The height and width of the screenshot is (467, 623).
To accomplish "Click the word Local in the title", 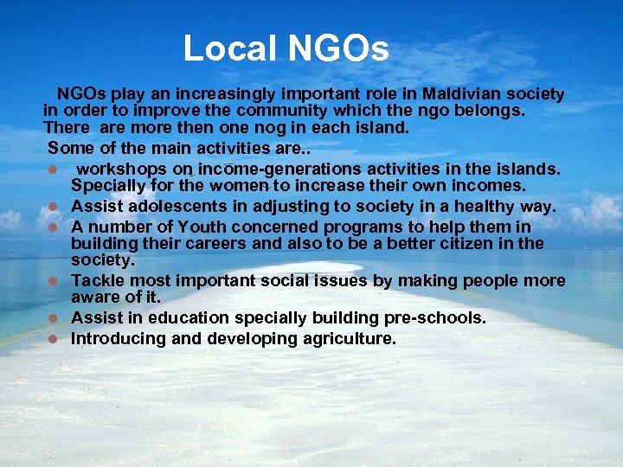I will pyautogui.click(x=230, y=48).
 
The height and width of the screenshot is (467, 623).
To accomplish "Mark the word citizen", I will pyautogui.click(x=460, y=243).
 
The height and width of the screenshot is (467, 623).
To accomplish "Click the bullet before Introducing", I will pyautogui.click(x=53, y=339).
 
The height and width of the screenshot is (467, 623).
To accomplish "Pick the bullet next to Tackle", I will pyautogui.click(x=53, y=281).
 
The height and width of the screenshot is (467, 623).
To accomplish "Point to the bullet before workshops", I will pyautogui.click(x=53, y=169).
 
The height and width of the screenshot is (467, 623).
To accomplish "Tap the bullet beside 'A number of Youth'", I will pyautogui.click(x=53, y=227).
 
